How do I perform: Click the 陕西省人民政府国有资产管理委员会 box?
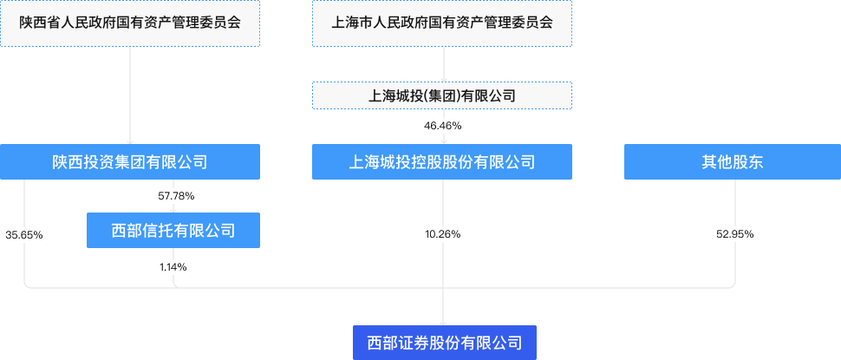point(130,23)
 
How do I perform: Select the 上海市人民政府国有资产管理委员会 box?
point(442,23)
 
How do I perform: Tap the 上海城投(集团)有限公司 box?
point(442,95)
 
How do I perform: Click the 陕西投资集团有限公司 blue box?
point(130,161)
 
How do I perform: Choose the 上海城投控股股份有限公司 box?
point(442,161)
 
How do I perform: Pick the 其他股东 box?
point(733,161)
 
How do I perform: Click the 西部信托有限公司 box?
point(173,230)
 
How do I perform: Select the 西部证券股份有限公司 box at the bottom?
point(445,342)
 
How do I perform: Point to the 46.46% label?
point(442,127)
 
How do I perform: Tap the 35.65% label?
point(24,234)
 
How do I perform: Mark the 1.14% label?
point(173,267)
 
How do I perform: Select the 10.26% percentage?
point(442,234)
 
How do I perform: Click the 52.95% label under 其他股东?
point(734,234)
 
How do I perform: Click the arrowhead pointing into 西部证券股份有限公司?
point(443,321)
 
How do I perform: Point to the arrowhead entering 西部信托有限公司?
point(173,209)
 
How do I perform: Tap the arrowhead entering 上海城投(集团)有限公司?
point(443,78)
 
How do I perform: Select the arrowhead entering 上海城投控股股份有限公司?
point(443,141)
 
